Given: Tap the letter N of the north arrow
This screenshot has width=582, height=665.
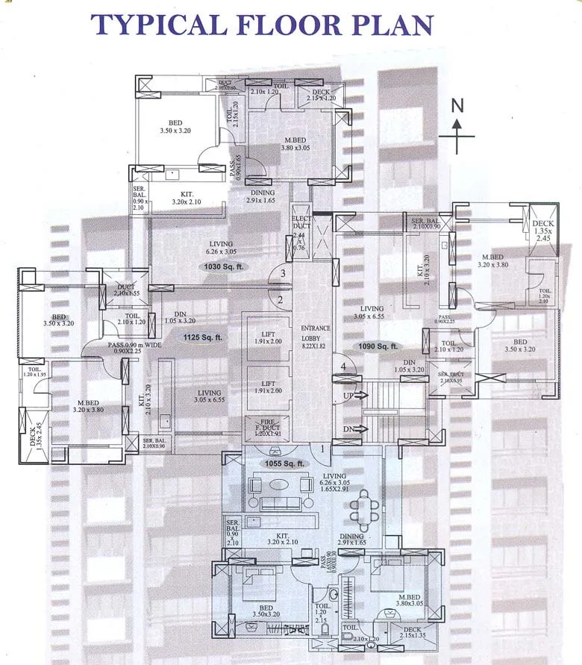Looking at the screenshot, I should pos(458,105).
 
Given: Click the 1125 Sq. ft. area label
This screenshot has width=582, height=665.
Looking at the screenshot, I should pos(203,337).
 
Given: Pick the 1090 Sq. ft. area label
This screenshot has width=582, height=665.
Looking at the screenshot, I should pos(378,346).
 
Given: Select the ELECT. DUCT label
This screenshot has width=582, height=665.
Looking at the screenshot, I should pos(301,222).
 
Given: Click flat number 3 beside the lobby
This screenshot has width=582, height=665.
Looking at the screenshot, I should pos(282,274).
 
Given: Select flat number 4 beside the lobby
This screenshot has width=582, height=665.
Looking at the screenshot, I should pos(343,366).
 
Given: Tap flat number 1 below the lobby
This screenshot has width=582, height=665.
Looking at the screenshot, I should pos(322,449).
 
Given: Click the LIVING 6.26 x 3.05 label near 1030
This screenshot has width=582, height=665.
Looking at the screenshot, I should pos(221,248).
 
